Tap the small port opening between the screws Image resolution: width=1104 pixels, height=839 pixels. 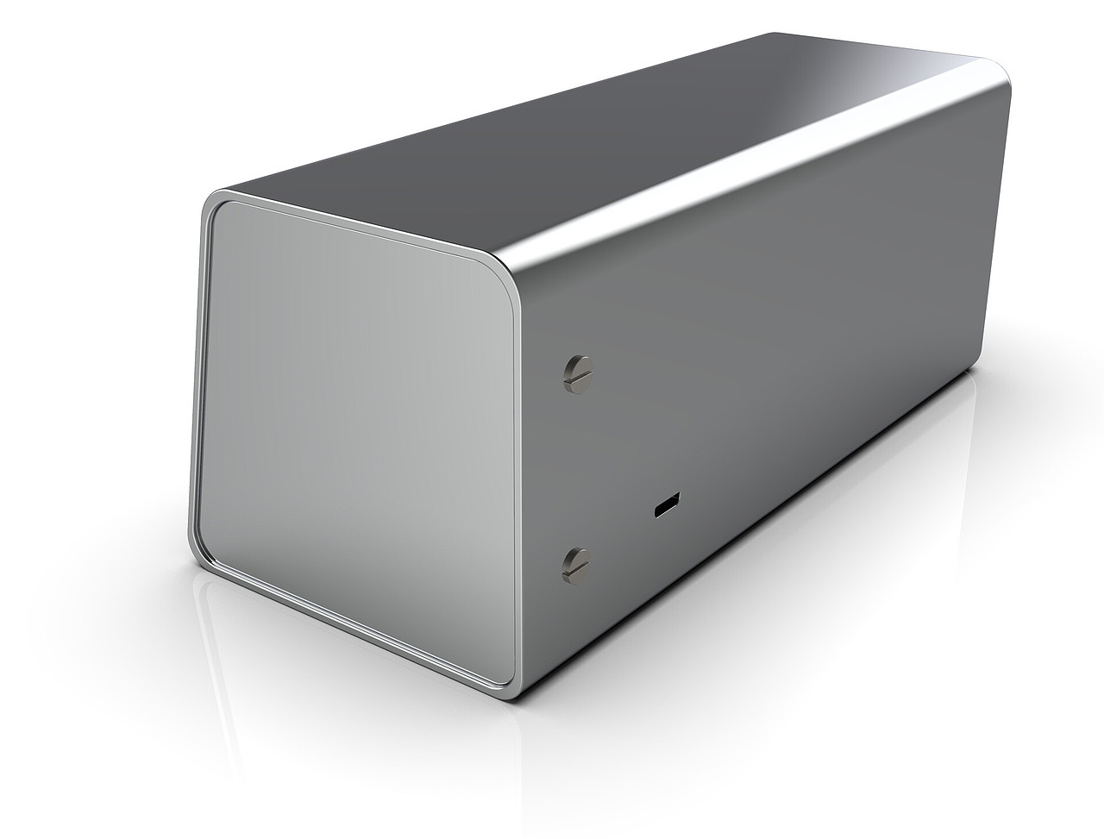coord(665,506)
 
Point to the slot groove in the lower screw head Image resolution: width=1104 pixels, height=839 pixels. coord(574,563)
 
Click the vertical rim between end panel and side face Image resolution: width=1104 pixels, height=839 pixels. coord(520,474)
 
